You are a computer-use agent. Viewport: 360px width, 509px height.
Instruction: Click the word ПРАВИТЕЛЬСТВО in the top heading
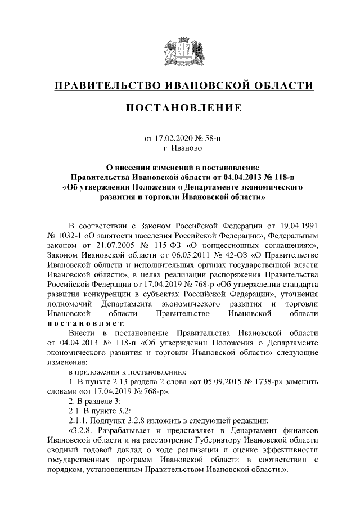[106, 86]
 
